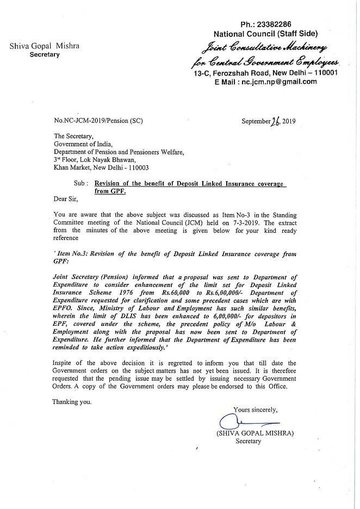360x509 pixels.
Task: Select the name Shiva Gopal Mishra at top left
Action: pyautogui.click(x=45, y=46)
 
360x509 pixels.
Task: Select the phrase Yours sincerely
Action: pyautogui.click(x=256, y=409)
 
